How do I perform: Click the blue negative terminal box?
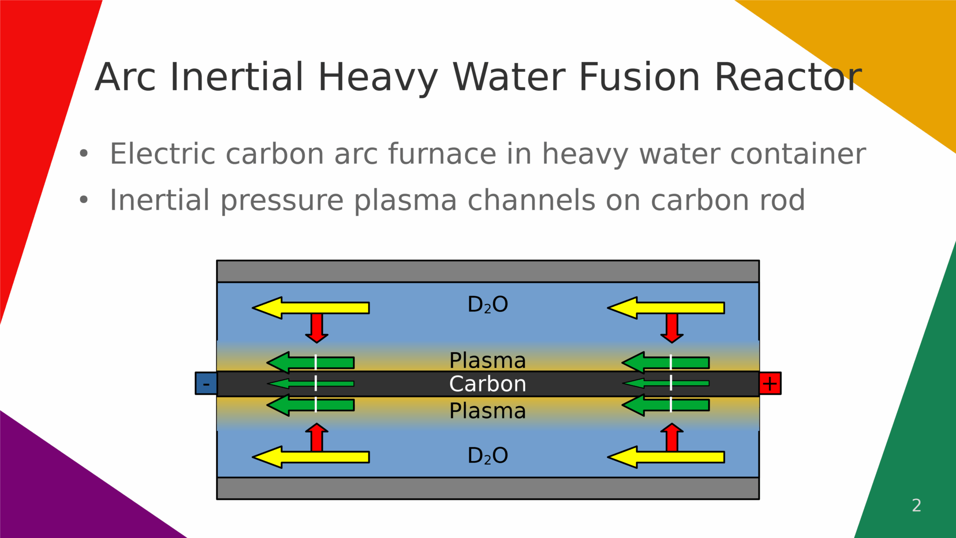(206, 383)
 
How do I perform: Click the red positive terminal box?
(770, 383)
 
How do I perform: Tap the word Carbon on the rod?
(487, 384)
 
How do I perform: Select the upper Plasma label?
(487, 361)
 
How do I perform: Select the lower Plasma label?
(487, 411)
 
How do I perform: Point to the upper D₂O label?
(487, 305)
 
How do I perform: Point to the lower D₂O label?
(487, 456)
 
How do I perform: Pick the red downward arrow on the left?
(317, 327)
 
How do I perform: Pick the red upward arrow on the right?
(672, 438)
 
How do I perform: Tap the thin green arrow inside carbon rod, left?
(310, 383)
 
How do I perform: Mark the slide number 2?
(916, 505)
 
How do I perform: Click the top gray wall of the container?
(487, 271)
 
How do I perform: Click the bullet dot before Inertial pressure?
(84, 200)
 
